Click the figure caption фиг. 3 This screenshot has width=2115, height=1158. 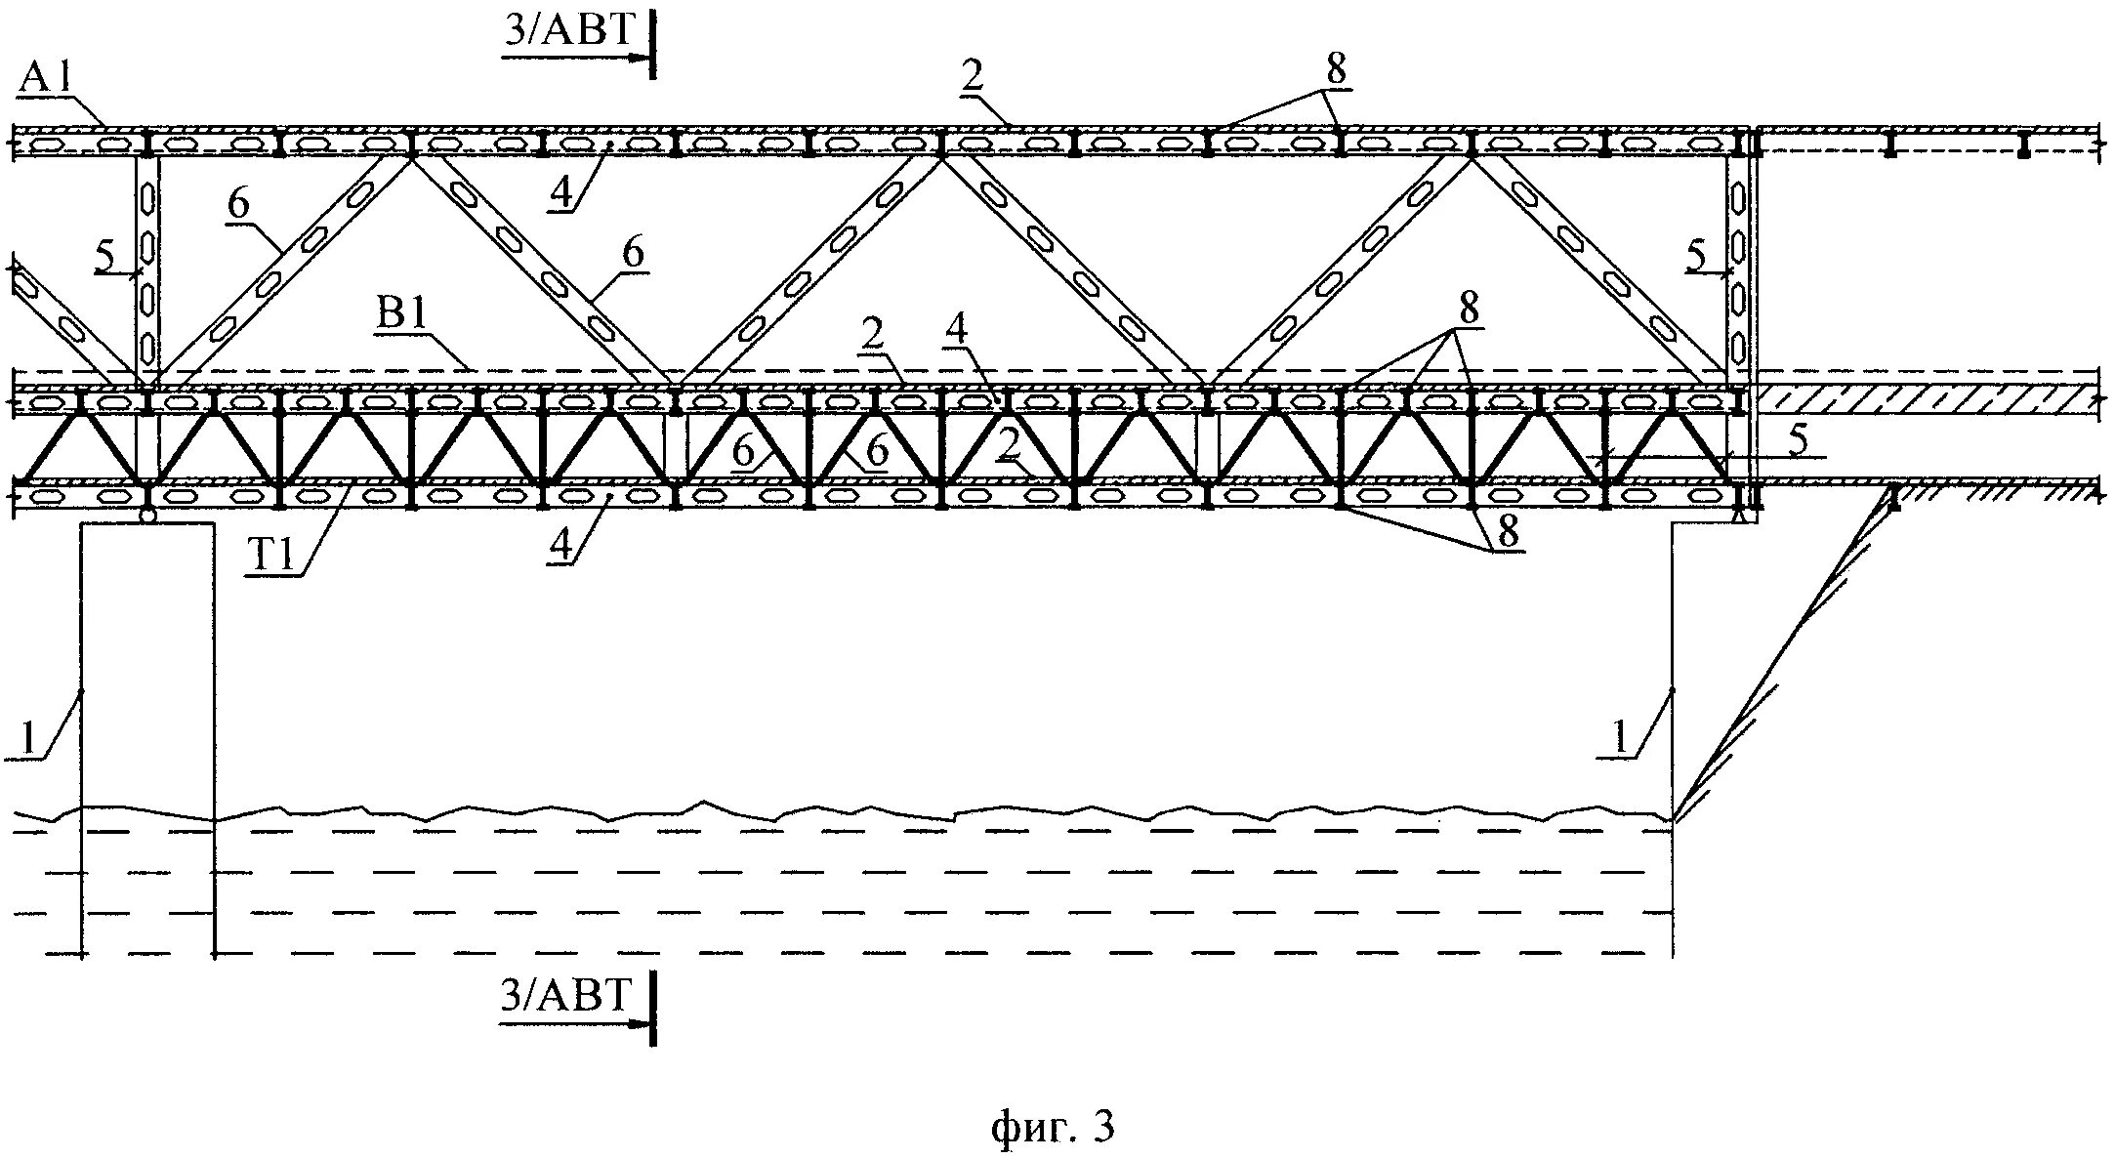tap(1052, 1127)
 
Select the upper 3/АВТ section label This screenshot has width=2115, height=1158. tap(569, 31)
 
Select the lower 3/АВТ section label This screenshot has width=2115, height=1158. tap(566, 996)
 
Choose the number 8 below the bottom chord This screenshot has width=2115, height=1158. tap(1508, 532)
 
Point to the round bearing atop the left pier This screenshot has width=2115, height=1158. tap(147, 516)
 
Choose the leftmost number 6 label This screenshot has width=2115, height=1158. tap(239, 204)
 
